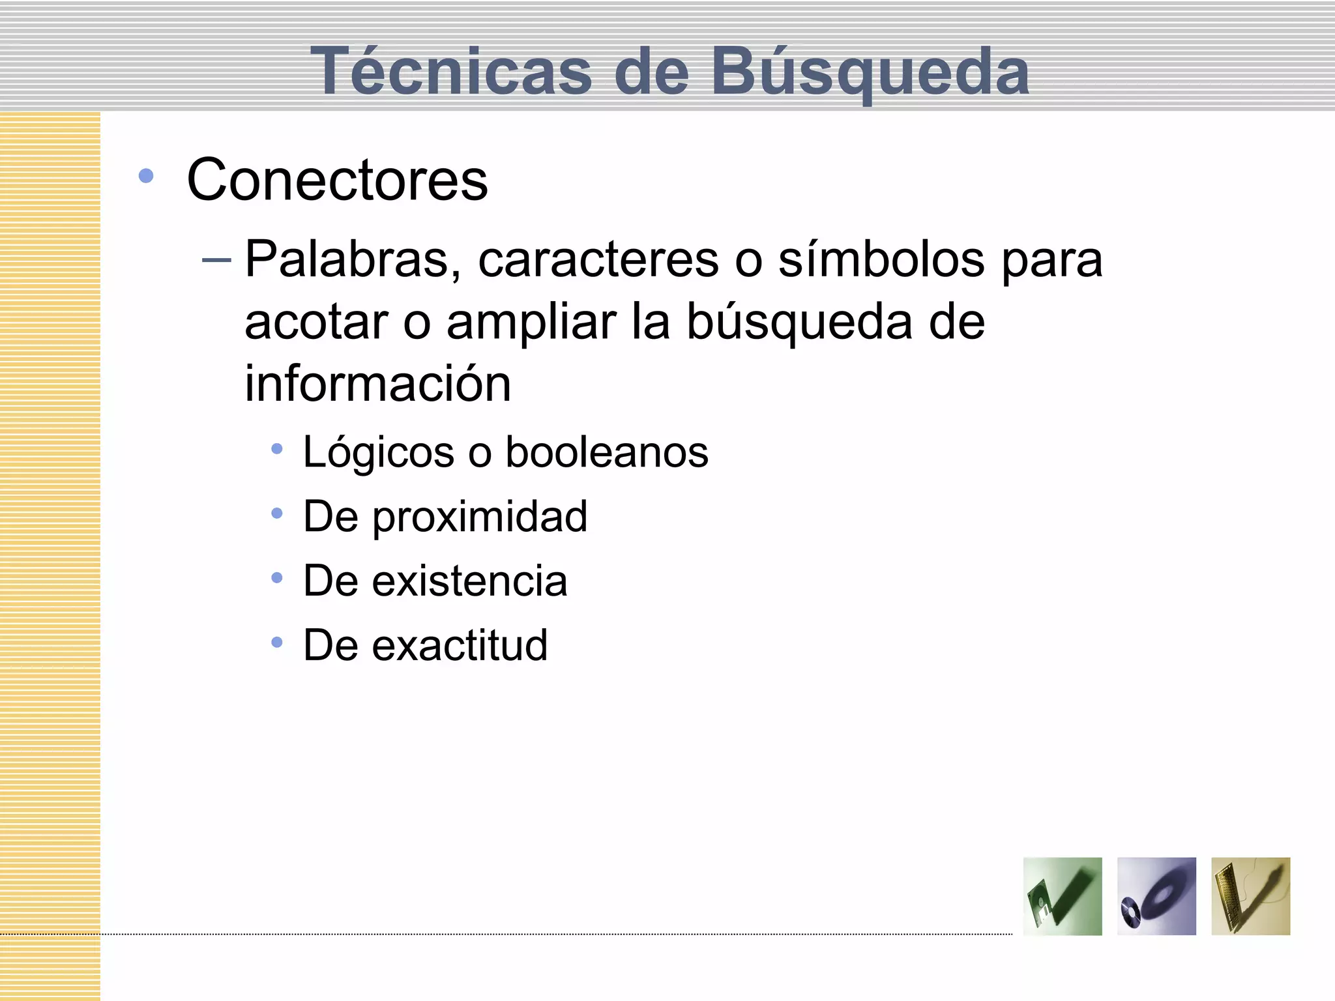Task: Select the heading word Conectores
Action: pyautogui.click(x=337, y=180)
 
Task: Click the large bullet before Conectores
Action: pyautogui.click(x=146, y=176)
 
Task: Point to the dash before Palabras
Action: pyautogui.click(x=216, y=261)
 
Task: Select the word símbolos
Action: pyautogui.click(x=881, y=260)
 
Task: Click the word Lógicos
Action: pyautogui.click(x=378, y=452)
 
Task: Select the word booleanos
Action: pyautogui.click(x=607, y=452)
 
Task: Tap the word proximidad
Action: pyautogui.click(x=480, y=517)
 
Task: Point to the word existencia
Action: pyautogui.click(x=469, y=581)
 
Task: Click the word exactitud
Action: pyautogui.click(x=460, y=645)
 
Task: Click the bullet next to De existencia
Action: pyautogui.click(x=277, y=577)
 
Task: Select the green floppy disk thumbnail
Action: pyautogui.click(x=1062, y=896)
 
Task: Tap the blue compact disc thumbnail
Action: pyautogui.click(x=1156, y=896)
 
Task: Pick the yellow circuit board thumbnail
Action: pyautogui.click(x=1250, y=896)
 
